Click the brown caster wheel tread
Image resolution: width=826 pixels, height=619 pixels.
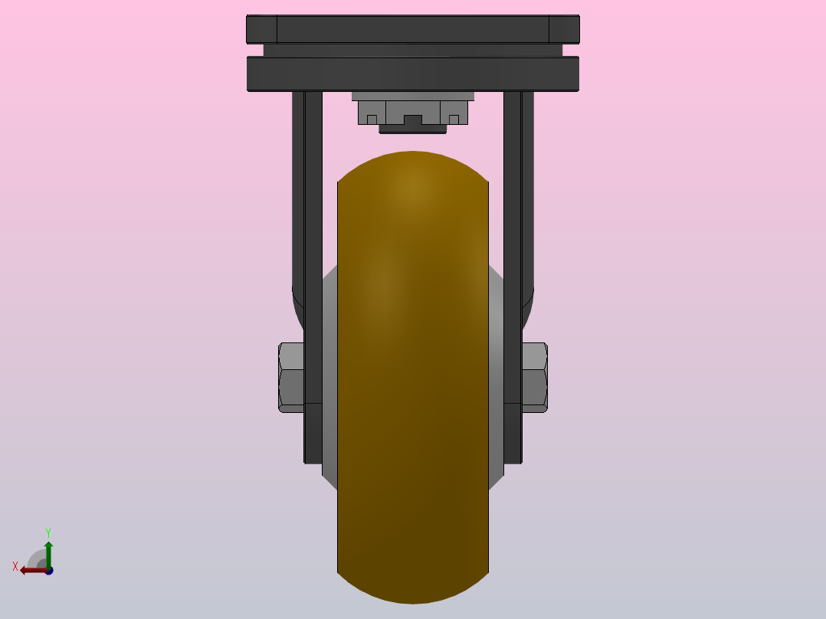pyautogui.click(x=413, y=377)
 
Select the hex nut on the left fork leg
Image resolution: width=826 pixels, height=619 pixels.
pyautogui.click(x=291, y=377)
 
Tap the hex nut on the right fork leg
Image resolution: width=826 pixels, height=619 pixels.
pyautogui.click(x=535, y=377)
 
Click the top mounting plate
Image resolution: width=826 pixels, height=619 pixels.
pyautogui.click(x=413, y=29)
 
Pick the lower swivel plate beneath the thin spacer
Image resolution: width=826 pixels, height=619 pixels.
pyautogui.click(x=413, y=74)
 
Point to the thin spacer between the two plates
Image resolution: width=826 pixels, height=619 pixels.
pyautogui.click(x=413, y=50)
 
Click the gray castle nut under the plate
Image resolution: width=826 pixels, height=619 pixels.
pyautogui.click(x=413, y=112)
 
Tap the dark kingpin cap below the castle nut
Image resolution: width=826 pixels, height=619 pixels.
pyautogui.click(x=413, y=129)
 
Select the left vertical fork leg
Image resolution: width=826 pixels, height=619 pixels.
pyautogui.click(x=313, y=277)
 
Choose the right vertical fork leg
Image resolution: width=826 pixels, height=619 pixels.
pyautogui.click(x=513, y=277)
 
